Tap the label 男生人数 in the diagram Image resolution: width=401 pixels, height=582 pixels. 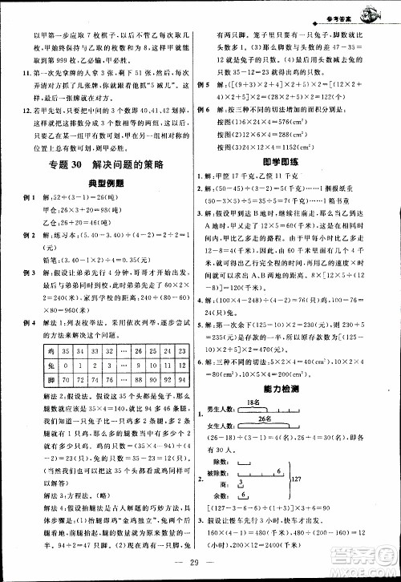tap(225, 410)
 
